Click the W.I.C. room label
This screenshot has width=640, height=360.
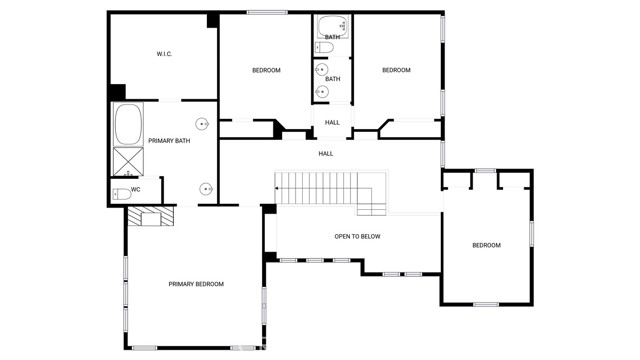click(x=164, y=54)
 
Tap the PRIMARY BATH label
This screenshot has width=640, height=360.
click(x=169, y=141)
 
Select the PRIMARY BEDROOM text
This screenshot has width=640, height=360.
click(x=196, y=284)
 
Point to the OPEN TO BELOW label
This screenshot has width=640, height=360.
click(x=357, y=236)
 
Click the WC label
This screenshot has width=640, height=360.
click(x=136, y=190)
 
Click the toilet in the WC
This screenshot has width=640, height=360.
click(x=122, y=194)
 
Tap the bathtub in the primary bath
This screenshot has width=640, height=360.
click(x=128, y=124)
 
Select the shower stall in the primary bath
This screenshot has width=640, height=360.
click(x=128, y=162)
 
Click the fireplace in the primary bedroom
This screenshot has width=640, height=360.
click(x=151, y=216)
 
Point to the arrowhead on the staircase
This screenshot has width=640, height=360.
click(x=277, y=189)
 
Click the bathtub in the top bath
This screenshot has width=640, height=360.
click(x=333, y=27)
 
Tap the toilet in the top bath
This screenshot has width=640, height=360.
click(x=324, y=48)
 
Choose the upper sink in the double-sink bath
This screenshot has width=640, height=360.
click(x=322, y=70)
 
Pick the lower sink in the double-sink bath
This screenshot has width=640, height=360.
click(x=322, y=92)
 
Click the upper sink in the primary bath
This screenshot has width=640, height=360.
click(x=202, y=124)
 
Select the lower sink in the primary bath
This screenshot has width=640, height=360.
click(x=206, y=189)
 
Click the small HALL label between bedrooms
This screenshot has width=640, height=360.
click(x=332, y=122)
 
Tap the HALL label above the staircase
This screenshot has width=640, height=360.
click(x=326, y=154)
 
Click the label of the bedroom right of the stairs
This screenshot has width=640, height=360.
click(x=487, y=245)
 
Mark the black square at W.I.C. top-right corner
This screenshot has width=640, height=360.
click(x=212, y=20)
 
